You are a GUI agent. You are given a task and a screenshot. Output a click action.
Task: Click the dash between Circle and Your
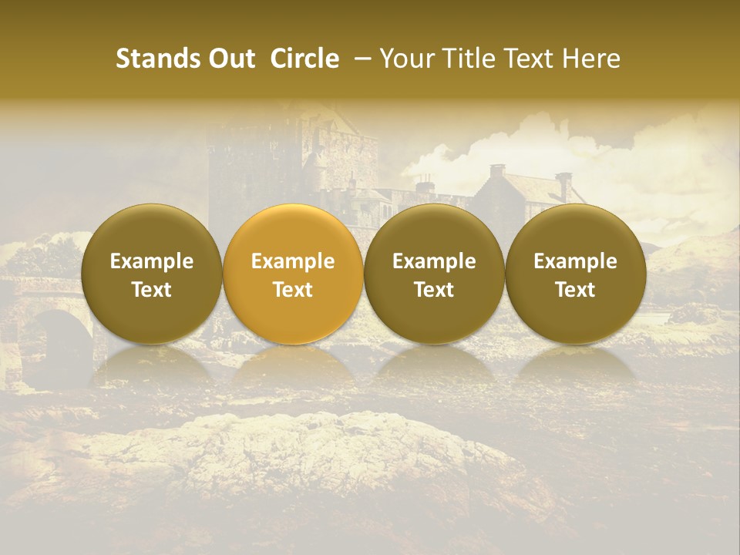(359, 59)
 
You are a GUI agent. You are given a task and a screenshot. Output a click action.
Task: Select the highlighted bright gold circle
(293, 274)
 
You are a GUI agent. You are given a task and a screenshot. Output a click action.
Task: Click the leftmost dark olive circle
(152, 274)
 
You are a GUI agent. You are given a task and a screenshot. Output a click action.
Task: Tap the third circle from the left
(434, 274)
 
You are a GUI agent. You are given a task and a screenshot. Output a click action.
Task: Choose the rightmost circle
(576, 274)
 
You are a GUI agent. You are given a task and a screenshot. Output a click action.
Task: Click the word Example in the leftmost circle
(152, 261)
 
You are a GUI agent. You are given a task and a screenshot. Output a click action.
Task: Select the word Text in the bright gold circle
(293, 290)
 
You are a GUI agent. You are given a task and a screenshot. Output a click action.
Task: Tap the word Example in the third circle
(434, 261)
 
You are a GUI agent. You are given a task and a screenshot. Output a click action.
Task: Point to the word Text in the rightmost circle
(576, 290)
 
